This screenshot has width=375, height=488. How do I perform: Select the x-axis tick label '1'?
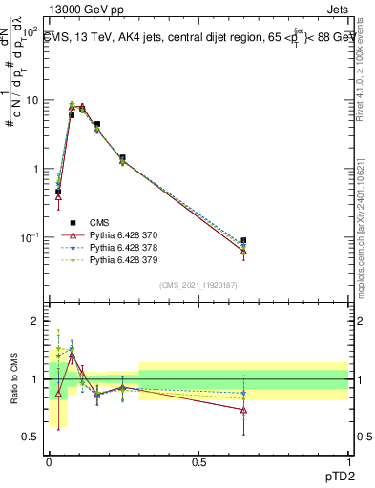347,461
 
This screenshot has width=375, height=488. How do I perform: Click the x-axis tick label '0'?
49,461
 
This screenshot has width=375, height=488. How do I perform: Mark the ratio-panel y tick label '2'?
36,321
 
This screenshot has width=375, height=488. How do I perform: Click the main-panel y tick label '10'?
30,99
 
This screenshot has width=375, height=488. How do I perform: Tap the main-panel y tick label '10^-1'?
29,236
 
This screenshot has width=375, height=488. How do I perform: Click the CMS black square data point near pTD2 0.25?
122,157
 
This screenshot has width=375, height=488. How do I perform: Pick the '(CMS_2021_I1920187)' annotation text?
198,285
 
